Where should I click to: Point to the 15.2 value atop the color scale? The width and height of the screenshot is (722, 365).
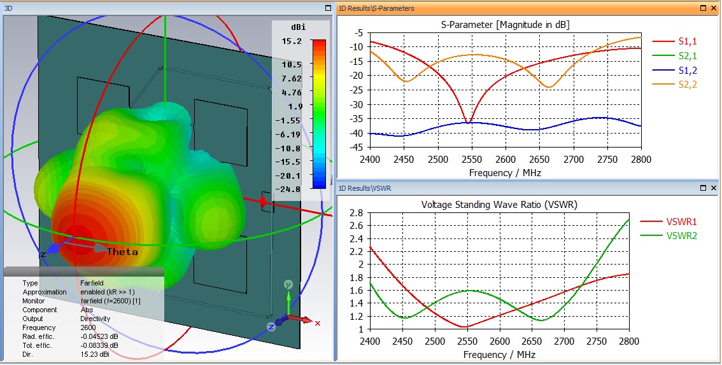click(x=293, y=41)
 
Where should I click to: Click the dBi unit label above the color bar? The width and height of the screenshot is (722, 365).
click(x=297, y=28)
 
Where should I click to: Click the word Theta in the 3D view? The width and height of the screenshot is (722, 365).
click(x=122, y=251)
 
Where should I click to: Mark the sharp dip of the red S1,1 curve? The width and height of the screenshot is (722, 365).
click(x=469, y=121)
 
